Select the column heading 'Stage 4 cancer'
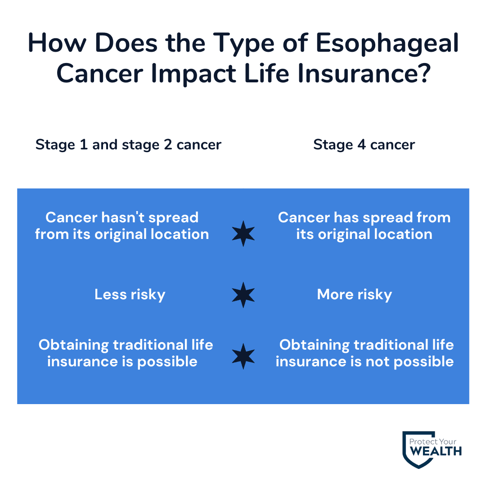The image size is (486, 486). click(364, 144)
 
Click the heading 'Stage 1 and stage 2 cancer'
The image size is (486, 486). click(128, 144)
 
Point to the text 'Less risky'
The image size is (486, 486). click(130, 294)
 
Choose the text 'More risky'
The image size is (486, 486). click(355, 294)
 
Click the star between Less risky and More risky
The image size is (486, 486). click(243, 295)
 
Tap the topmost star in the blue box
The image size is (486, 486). click(243, 234)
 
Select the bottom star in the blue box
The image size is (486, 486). click(243, 356)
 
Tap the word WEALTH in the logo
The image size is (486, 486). click(435, 451)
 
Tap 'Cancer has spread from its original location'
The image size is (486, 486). click(364, 225)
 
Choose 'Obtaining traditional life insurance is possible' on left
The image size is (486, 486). click(126, 353)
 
